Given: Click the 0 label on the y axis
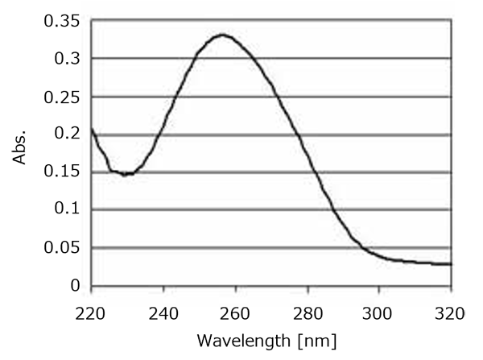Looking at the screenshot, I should pyautogui.click(x=75, y=285).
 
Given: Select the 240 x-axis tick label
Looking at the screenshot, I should pyautogui.click(x=163, y=309).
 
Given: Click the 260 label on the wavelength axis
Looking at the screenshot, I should pyautogui.click(x=235, y=309).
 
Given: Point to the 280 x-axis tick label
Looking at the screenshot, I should pyautogui.click(x=308, y=309).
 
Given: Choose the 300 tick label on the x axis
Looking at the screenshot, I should pyautogui.click(x=379, y=309).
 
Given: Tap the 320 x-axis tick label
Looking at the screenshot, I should pyautogui.click(x=451, y=309).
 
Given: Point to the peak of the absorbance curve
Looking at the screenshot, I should pyautogui.click(x=221, y=35).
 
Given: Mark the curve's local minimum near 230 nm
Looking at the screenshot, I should pyautogui.click(x=126, y=174).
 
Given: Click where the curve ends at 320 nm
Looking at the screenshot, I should pyautogui.click(x=451, y=264).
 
